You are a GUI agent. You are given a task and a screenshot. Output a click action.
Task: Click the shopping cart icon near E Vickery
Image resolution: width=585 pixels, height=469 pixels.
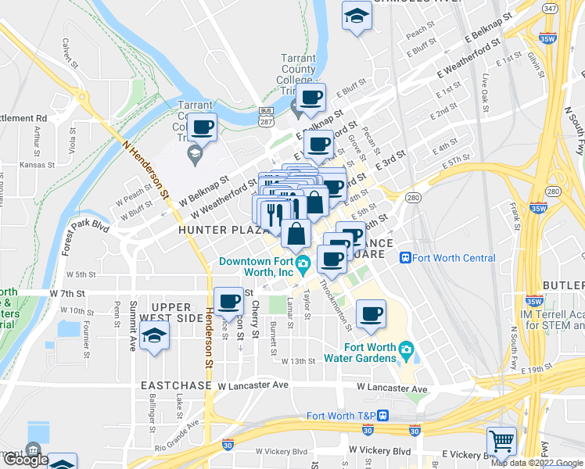click(501, 441)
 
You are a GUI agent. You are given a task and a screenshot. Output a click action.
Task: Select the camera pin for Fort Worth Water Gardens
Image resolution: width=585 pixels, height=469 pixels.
click(406, 349)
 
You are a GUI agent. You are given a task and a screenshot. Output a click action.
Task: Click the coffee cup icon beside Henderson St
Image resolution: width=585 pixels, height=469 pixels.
click(228, 300)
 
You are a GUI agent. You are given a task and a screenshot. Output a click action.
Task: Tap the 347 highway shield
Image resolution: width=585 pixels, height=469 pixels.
click(550, 9)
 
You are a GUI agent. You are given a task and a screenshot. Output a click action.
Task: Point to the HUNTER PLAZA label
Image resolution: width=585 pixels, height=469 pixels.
click(214, 231)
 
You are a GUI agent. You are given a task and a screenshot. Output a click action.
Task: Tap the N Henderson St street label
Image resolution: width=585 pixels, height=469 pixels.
click(145, 165)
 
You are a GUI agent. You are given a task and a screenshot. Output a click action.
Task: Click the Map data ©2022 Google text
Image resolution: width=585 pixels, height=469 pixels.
click(536, 463)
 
